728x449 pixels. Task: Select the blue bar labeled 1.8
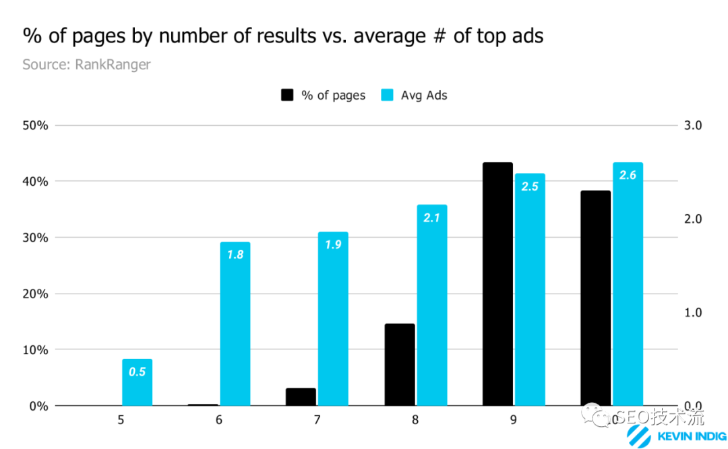tap(235, 324)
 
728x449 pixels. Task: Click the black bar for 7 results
tap(301, 397)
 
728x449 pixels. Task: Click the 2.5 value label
tap(530, 186)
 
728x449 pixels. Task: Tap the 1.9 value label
tap(333, 245)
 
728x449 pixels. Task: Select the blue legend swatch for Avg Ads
tap(388, 95)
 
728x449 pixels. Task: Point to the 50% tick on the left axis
tap(35, 126)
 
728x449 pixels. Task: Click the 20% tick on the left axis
tap(35, 294)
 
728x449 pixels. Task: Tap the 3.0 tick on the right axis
tap(693, 126)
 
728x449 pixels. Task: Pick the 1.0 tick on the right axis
tap(693, 313)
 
